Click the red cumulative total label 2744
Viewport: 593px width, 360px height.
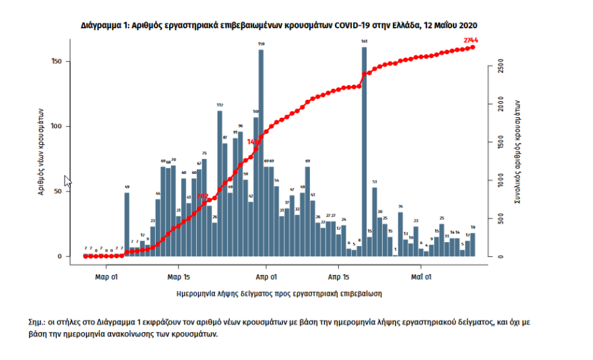[471, 40]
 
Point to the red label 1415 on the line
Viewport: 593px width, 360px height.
[254, 142]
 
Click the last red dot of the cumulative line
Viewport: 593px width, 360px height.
[473, 47]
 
